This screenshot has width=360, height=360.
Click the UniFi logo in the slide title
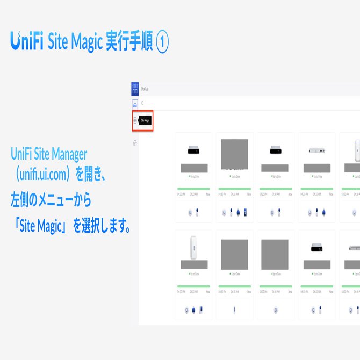pos(27,41)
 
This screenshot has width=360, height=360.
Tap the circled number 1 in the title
pos(162,41)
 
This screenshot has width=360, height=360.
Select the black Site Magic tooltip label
pos(145,121)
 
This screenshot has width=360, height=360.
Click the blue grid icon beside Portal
pos(135,89)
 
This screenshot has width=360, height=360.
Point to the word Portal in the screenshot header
pos(145,89)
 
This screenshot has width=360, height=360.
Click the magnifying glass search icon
pos(142,103)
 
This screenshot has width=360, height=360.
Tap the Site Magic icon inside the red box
pos(135,121)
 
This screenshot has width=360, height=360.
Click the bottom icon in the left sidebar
pos(135,143)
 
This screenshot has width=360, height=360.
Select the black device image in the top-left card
pos(194,150)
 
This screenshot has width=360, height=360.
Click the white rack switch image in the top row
pos(316,151)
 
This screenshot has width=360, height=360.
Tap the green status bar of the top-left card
pos(194,189)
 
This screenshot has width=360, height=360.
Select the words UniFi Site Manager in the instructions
pos(48,155)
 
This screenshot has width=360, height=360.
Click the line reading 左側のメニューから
pos(51,200)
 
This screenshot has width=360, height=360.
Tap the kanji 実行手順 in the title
pos(128,41)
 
